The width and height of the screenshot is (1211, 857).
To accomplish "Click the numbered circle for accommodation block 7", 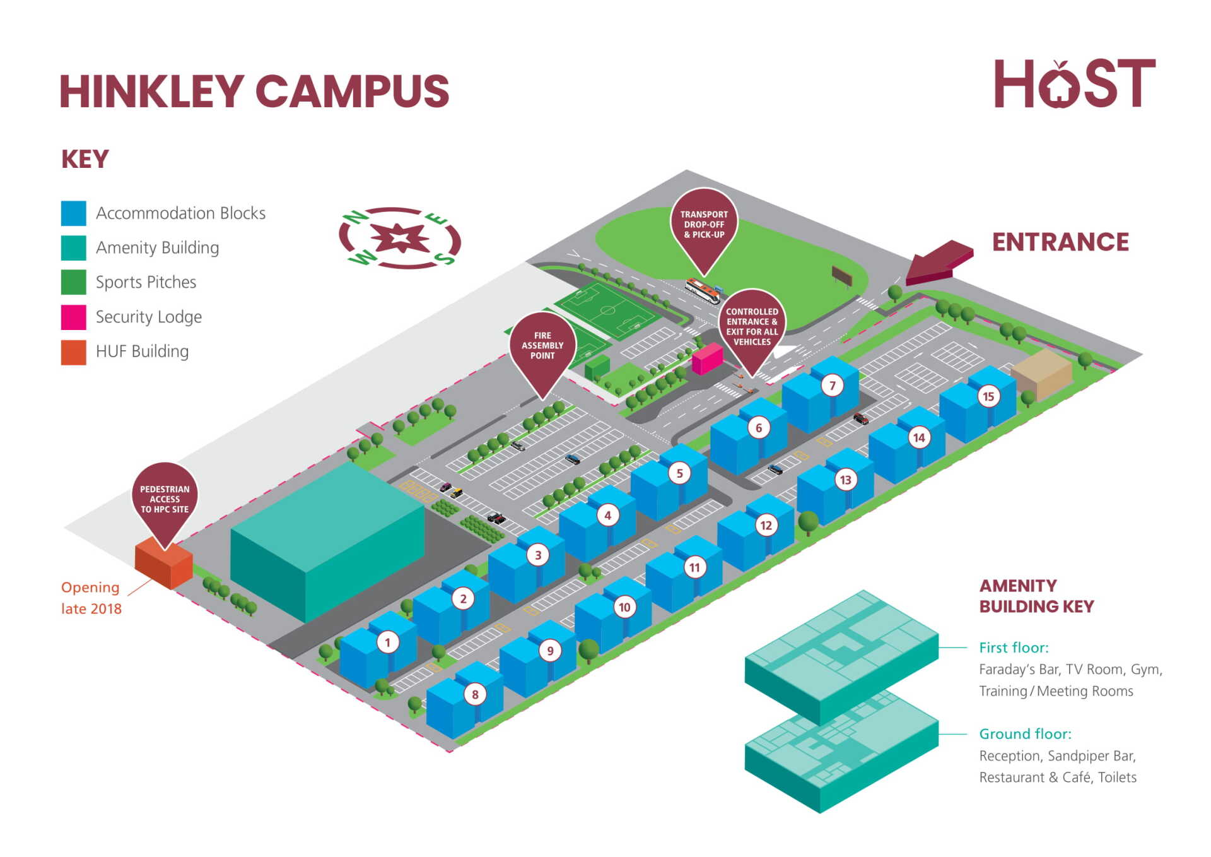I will click(832, 386).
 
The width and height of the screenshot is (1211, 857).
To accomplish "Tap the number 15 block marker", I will click(988, 396).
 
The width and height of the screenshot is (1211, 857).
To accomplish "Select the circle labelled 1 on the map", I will click(387, 642).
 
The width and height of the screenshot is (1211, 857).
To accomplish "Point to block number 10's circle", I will click(624, 607).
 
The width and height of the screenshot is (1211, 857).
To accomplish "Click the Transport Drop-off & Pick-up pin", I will click(704, 224).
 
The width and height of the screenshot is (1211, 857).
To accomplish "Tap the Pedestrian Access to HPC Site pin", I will click(165, 499).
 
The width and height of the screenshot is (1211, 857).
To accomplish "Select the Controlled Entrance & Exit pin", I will click(752, 326).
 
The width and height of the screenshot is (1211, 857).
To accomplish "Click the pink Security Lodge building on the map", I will click(707, 358).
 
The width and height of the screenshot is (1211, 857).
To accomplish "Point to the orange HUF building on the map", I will click(163, 564).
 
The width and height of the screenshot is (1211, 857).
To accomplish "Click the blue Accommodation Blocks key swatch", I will click(74, 213).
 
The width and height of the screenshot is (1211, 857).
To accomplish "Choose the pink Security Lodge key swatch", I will click(74, 317).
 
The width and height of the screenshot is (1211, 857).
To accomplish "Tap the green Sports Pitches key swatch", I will click(74, 282).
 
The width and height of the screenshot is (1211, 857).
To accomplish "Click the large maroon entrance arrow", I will click(940, 262).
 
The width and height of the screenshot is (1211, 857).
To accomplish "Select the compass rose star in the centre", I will click(400, 239).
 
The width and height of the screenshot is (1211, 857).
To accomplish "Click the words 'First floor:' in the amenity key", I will click(1014, 647).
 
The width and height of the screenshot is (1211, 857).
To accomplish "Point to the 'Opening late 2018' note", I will click(91, 598).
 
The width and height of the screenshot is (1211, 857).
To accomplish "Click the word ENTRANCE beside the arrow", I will click(1060, 242).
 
